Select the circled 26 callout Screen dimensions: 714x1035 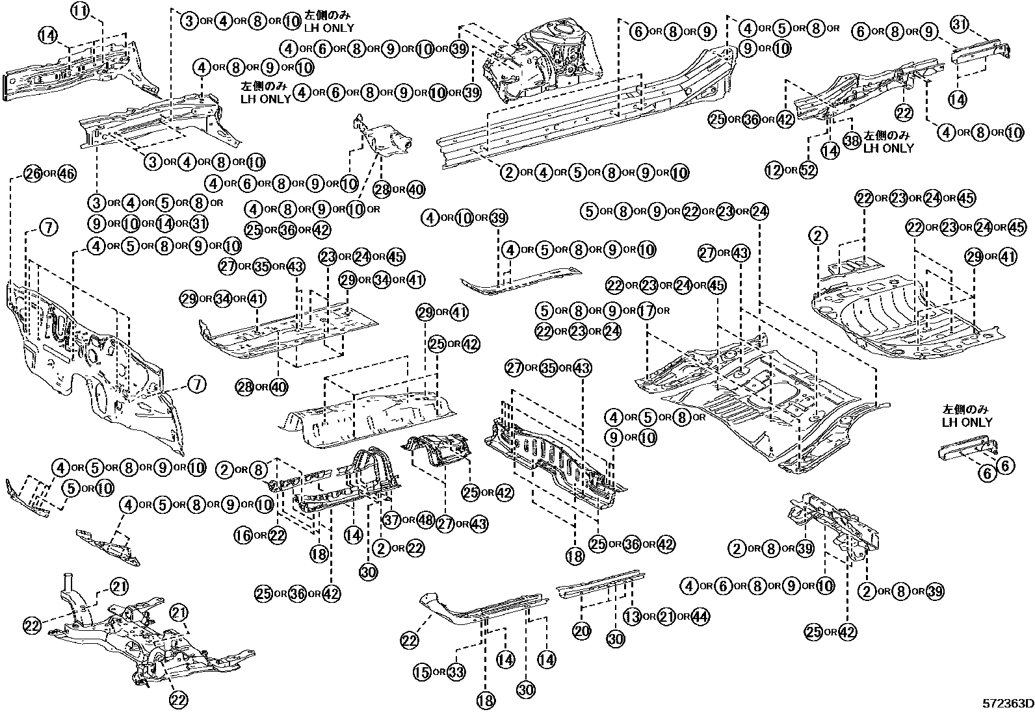tap(33, 173)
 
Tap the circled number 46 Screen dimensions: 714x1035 tap(67, 173)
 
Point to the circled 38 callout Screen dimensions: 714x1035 tap(852, 139)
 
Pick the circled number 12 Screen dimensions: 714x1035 tap(774, 171)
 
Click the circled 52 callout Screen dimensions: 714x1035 tap(808, 171)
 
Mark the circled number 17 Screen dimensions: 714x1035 tap(645, 311)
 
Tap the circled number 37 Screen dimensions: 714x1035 tap(391, 520)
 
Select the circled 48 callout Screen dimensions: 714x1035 tap(425, 520)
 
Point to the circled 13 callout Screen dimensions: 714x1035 tap(632, 617)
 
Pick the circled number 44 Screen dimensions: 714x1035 tap(700, 617)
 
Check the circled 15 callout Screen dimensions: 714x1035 tap(423, 672)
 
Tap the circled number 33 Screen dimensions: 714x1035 tap(456, 672)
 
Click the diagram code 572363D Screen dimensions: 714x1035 tap(1008, 704)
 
